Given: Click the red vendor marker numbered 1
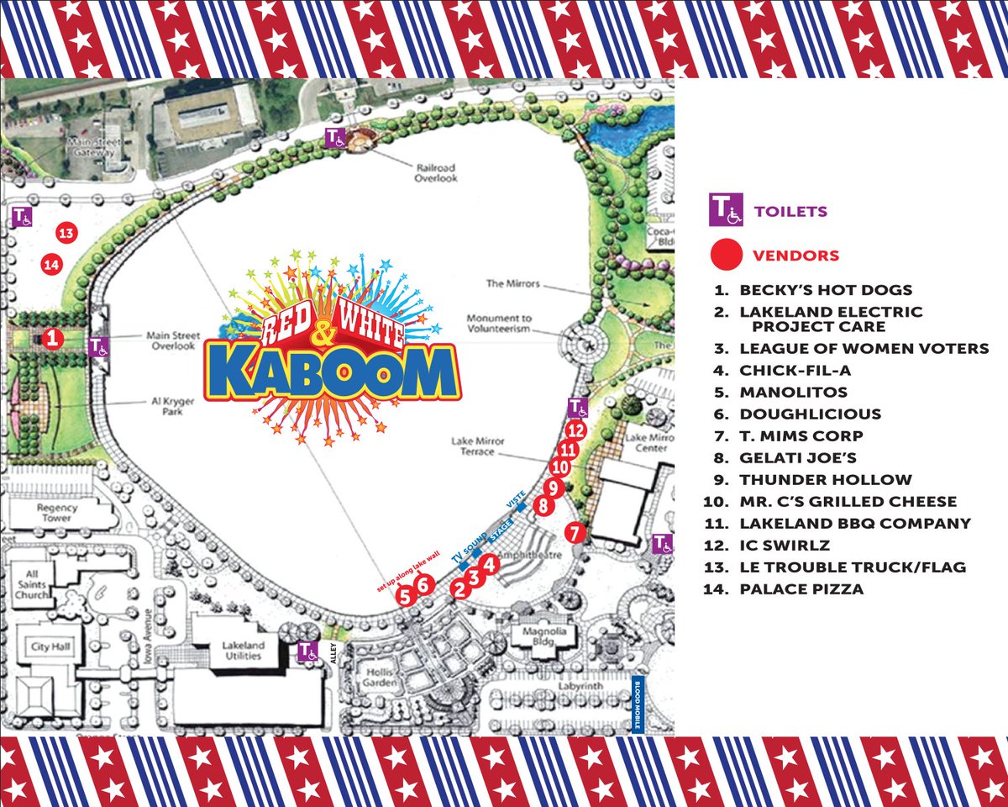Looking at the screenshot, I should (x=52, y=339).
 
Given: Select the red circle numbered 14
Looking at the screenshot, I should (x=52, y=265).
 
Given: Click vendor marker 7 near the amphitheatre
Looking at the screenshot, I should (x=575, y=532).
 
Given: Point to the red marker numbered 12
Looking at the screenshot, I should (x=575, y=430).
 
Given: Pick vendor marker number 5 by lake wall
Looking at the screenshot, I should (x=405, y=598).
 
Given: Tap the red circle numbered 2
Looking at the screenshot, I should (x=459, y=588).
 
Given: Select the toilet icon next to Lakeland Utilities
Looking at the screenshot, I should (x=308, y=651).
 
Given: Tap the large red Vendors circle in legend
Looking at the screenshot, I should (x=726, y=255).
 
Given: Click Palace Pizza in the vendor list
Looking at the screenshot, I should (x=801, y=589).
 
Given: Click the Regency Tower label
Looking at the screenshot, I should (x=56, y=513).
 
